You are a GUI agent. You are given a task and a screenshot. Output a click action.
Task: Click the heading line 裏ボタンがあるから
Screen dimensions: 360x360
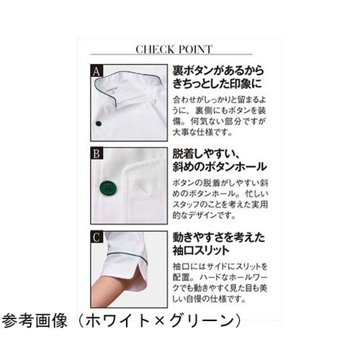click(x=216, y=72)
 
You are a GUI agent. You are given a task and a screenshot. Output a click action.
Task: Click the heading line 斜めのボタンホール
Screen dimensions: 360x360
click(x=217, y=168)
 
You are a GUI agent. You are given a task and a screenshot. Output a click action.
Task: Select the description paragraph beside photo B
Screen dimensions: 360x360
click(x=216, y=201)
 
